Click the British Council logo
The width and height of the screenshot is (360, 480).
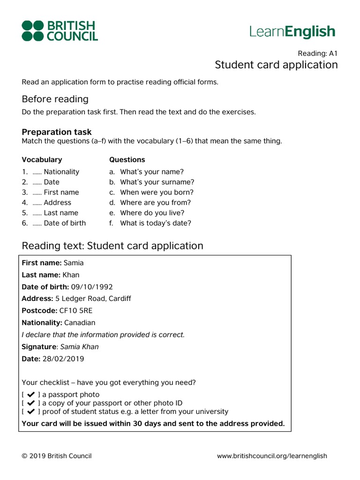pyautogui.click(x=60, y=31)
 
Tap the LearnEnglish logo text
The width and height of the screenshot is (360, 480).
pyautogui.click(x=292, y=32)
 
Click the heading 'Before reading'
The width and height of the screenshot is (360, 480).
pyautogui.click(x=55, y=99)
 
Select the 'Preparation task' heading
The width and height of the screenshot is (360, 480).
pyautogui.click(x=57, y=132)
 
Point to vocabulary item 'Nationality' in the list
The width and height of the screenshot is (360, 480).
pyautogui.click(x=61, y=172)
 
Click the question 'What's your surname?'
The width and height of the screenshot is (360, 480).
pyautogui.click(x=157, y=182)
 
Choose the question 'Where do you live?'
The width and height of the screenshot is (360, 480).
pyautogui.click(x=152, y=213)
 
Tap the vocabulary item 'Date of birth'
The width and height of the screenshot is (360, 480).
pyautogui.click(x=65, y=223)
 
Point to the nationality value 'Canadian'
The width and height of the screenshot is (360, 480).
pyautogui.click(x=79, y=322)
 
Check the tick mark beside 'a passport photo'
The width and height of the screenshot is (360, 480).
pyautogui.click(x=31, y=395)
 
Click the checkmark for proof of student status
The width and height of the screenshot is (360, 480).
pyautogui.click(x=31, y=412)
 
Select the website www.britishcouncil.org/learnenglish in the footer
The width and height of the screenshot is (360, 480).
pyautogui.click(x=272, y=456)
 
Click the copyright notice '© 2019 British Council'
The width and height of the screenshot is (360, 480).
pyautogui.click(x=57, y=456)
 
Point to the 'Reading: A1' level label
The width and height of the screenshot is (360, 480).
pyautogui.click(x=317, y=53)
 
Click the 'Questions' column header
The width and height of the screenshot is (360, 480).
pyautogui.click(x=127, y=160)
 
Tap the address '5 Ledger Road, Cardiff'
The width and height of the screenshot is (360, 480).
pyautogui.click(x=93, y=298)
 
